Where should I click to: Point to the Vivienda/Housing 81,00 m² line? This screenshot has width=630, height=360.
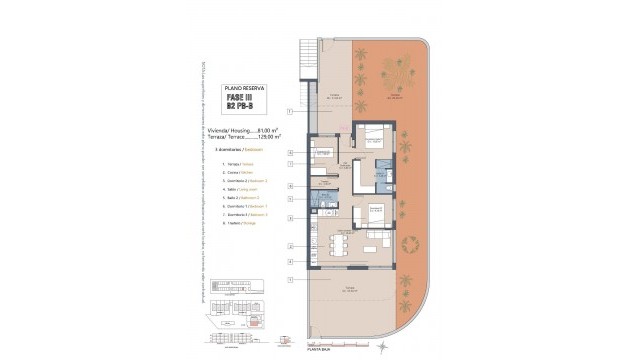247,129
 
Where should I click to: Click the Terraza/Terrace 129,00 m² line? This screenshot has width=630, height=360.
247,136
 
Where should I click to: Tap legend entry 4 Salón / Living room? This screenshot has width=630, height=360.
238,189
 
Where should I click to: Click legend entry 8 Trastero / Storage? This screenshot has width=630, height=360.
237,224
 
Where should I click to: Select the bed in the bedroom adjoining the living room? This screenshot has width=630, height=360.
375,212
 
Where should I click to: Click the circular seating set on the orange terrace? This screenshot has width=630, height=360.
408,245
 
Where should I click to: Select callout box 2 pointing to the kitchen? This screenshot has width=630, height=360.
289,245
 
